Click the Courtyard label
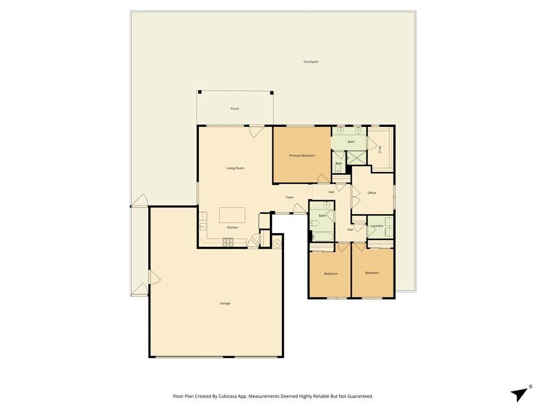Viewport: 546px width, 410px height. (311, 62)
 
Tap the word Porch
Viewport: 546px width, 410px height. (235, 109)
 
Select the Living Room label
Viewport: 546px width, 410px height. (235, 168)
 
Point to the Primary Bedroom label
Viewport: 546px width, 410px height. (302, 155)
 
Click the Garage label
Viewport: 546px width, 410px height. (226, 303)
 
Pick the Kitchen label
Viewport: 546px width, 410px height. (232, 227)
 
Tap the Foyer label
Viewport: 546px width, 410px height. (290, 198)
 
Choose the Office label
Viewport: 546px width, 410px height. (372, 193)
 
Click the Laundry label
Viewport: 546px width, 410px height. (377, 226)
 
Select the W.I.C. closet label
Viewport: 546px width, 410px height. (380, 150)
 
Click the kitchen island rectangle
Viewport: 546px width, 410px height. (232, 215)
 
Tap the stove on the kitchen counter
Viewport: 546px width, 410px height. (228, 241)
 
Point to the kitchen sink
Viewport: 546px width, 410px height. (203, 227)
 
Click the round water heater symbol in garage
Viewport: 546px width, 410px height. (277, 243)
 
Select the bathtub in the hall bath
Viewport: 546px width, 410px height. (322, 237)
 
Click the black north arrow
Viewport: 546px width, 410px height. (519, 394)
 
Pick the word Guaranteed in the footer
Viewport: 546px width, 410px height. (361, 397)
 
